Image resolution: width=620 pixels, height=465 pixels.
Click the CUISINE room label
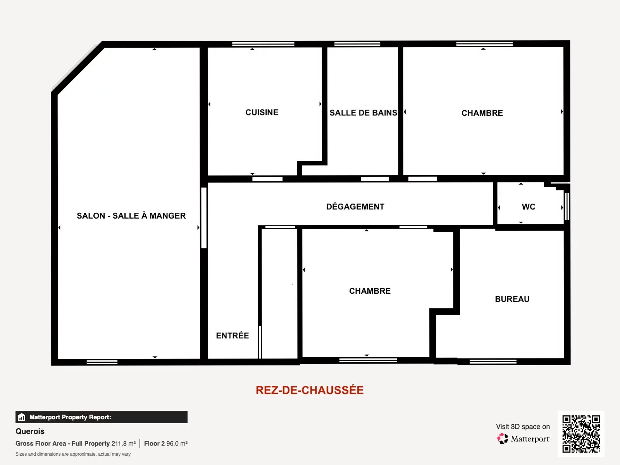tap(262, 112)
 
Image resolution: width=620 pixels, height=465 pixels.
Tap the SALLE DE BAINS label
tap(363, 113)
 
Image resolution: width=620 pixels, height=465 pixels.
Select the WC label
tap(529, 207)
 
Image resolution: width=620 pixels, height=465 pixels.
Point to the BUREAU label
tap(512, 299)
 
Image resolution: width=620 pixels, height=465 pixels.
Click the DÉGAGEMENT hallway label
tap(355, 207)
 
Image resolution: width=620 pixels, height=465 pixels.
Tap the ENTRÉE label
tap(232, 335)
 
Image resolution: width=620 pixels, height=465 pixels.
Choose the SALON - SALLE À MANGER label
tap(131, 215)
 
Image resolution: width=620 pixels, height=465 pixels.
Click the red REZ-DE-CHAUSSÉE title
tap(310, 390)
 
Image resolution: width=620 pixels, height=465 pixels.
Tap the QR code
tap(581, 434)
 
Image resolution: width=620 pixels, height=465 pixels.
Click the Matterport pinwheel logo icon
tap(503, 439)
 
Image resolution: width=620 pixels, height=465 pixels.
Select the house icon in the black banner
tap(22, 417)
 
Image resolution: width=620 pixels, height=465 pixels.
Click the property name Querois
tap(30, 431)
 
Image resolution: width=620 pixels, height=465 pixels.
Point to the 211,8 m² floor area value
tap(124, 443)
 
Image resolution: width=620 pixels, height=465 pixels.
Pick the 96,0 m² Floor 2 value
tap(177, 443)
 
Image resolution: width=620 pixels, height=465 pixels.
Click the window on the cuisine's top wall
tap(263, 44)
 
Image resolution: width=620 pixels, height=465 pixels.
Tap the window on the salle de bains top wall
tap(357, 44)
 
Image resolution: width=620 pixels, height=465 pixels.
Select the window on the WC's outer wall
tap(567, 206)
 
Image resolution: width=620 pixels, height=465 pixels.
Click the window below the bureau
tap(493, 362)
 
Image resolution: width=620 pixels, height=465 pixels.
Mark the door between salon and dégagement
tap(204, 218)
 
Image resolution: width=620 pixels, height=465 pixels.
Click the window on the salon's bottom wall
tap(102, 362)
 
